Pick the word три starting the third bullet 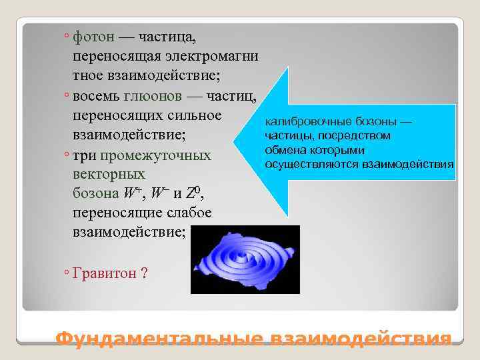click(x=84, y=155)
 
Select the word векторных click(x=109, y=174)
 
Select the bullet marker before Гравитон click(x=67, y=273)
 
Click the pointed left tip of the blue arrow click(x=237, y=141)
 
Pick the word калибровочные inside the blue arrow click(x=299, y=123)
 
